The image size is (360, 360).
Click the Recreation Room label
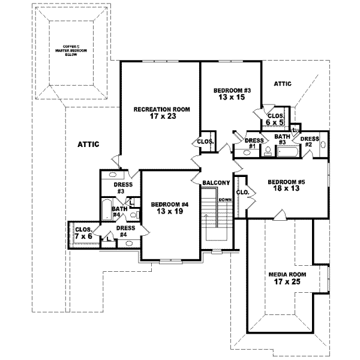pyautogui.click(x=161, y=109)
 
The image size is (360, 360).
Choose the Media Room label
pyautogui.click(x=287, y=274)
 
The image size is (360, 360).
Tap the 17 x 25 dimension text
pyautogui.click(x=287, y=281)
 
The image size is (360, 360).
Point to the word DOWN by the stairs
pyautogui.click(x=225, y=199)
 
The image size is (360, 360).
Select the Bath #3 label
pyautogui.click(x=283, y=139)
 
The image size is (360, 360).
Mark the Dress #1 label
pyautogui.click(x=251, y=143)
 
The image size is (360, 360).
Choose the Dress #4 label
pyautogui.click(x=125, y=231)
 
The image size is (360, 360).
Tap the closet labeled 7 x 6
pyautogui.click(x=83, y=233)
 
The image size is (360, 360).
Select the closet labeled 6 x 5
pyautogui.click(x=275, y=119)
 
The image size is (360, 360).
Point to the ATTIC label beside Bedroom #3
pyautogui.click(x=282, y=84)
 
